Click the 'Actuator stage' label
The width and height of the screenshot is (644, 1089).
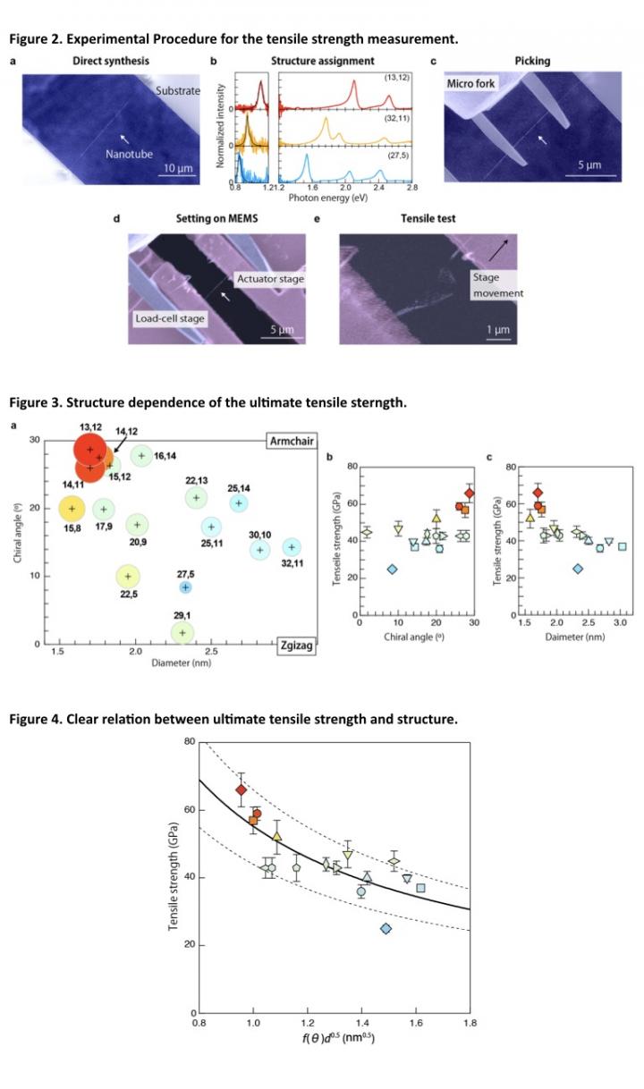click(270, 279)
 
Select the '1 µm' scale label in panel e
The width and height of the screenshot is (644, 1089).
click(498, 329)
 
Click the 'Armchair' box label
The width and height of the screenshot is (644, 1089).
click(291, 442)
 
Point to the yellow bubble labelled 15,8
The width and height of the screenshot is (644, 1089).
click(72, 509)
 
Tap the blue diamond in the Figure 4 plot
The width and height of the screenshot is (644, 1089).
click(386, 929)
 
